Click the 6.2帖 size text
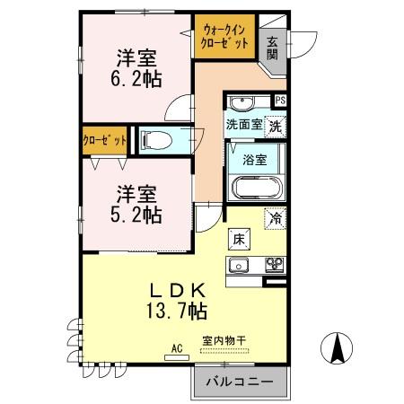tap(136, 78)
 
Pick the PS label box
tap(279, 101)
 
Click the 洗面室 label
tap(243, 125)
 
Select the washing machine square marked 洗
tap(277, 126)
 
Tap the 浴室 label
tap(255, 161)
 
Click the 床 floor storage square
tap(240, 239)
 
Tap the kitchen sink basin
tap(240, 265)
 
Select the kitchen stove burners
tap(272, 265)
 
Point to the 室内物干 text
tap(224, 341)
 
